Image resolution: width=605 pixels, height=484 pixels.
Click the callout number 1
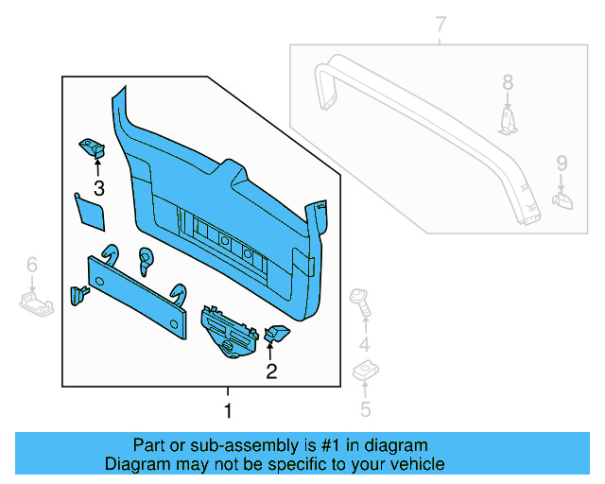tap(227, 412)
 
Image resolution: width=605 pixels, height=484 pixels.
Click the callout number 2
tap(271, 372)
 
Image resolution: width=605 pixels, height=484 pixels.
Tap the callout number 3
tap(98, 187)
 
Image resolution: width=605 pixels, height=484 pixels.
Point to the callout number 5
tap(365, 408)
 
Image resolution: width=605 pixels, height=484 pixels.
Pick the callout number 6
tap(31, 266)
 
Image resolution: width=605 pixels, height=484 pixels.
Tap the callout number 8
tap(508, 82)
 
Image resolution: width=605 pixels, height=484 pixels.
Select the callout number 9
tap(562, 163)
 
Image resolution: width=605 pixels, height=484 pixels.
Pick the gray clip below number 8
tap(509, 120)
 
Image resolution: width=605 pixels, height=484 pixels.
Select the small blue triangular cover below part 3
tap(91, 212)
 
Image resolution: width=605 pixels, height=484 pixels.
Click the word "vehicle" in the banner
tap(414, 464)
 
